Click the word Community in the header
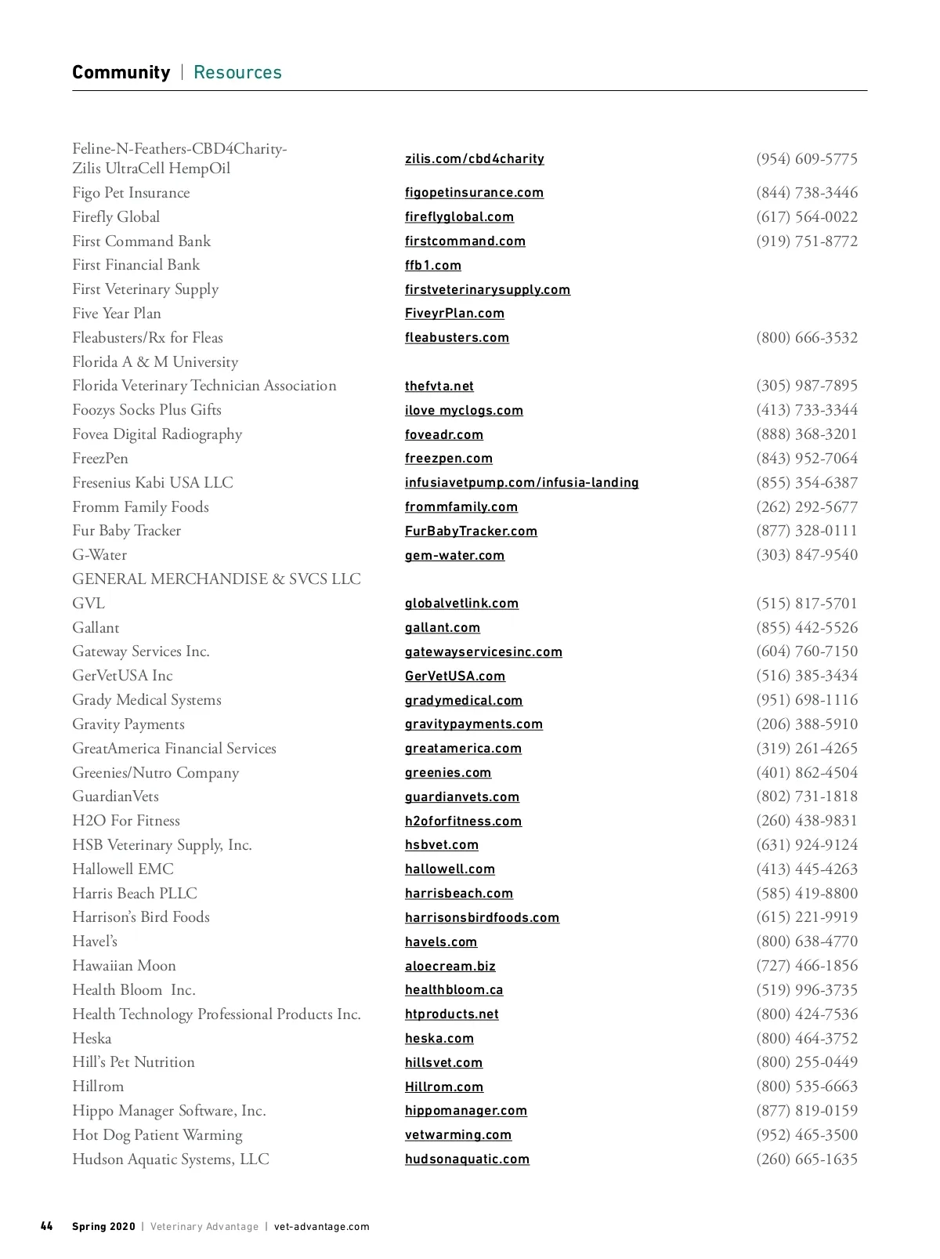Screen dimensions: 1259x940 click(x=121, y=73)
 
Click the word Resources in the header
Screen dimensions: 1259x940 click(x=237, y=73)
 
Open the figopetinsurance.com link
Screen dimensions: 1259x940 click(x=474, y=193)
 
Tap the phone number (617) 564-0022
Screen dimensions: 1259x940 click(x=806, y=217)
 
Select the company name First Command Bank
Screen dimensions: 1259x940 click(x=141, y=241)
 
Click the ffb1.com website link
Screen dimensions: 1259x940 click(x=432, y=266)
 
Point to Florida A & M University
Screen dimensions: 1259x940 click(x=154, y=362)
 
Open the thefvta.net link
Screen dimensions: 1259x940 click(x=439, y=386)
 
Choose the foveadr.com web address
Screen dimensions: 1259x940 click(x=443, y=435)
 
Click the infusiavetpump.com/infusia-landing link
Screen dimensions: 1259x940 click(x=521, y=483)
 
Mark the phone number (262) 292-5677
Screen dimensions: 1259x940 click(x=806, y=507)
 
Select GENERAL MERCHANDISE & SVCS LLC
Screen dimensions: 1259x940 click(x=216, y=579)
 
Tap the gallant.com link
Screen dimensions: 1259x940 click(x=442, y=628)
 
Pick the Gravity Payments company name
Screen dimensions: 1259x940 click(x=128, y=724)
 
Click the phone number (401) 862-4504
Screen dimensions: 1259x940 click(x=806, y=773)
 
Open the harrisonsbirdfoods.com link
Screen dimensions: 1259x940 click(x=482, y=918)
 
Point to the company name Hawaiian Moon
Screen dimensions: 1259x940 click(x=124, y=966)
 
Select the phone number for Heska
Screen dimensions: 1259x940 click(x=806, y=1039)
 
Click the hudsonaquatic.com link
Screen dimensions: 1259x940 click(x=467, y=1159)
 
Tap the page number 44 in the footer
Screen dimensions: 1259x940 click(x=47, y=1226)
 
